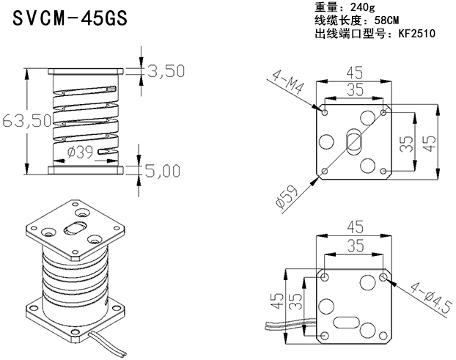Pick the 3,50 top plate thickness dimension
click(x=166, y=70)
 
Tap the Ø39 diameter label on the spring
click(x=80, y=152)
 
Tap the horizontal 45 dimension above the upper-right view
click(x=355, y=73)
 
